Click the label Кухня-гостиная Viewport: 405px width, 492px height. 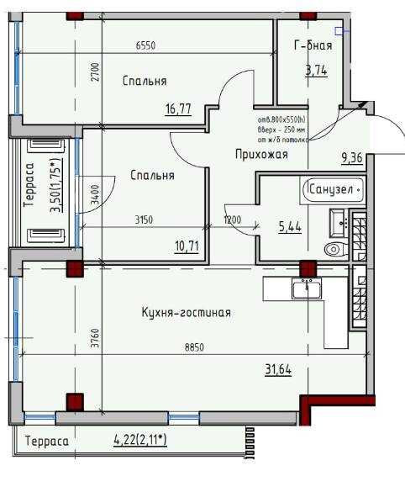click(187, 313)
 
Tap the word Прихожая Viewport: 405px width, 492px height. click(261, 155)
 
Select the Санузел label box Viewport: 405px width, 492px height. click(334, 190)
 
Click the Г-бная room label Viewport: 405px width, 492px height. click(313, 46)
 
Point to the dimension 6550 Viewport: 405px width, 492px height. click(148, 48)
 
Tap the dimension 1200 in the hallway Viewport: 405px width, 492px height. click(233, 220)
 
